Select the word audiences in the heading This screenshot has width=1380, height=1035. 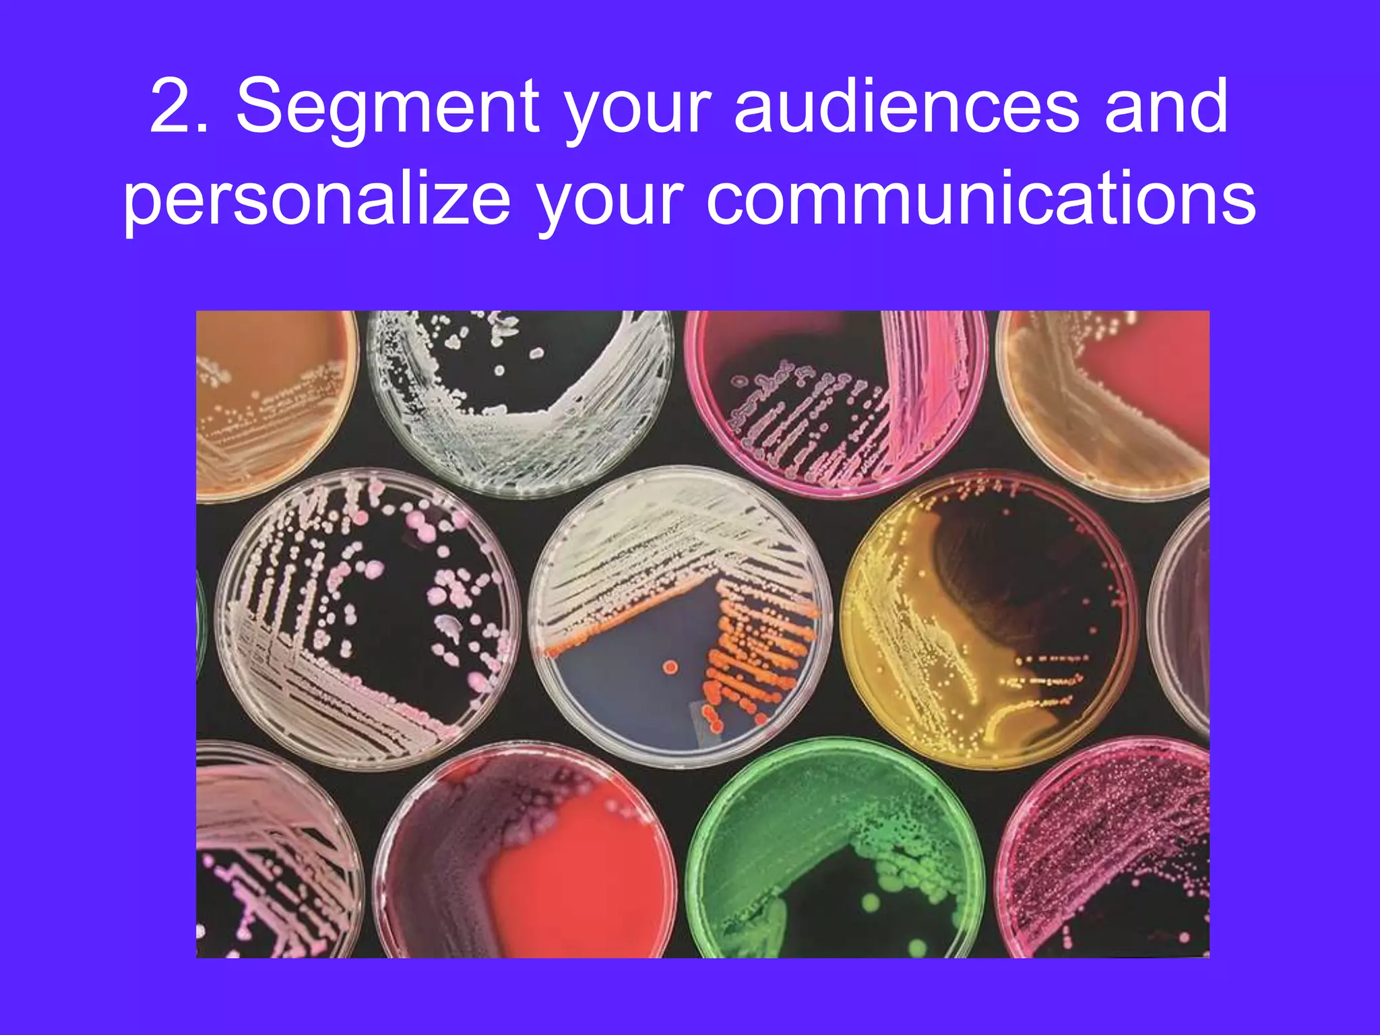point(907,107)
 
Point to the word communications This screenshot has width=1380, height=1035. point(980,199)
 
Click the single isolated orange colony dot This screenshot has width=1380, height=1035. point(670,667)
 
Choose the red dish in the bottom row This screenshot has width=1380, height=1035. point(526,856)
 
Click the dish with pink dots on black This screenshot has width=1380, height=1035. point(368,620)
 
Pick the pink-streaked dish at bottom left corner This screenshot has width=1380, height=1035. point(270,856)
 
